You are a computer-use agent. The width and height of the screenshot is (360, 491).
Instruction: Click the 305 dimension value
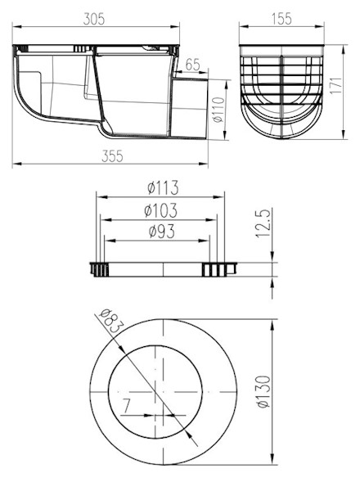(93, 20)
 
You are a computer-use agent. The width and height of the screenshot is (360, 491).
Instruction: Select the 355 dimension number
(112, 156)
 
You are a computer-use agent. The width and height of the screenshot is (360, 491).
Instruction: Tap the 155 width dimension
(281, 19)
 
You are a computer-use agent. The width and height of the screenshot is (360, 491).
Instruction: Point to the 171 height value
(336, 85)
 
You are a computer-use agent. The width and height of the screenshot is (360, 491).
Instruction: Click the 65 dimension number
(192, 65)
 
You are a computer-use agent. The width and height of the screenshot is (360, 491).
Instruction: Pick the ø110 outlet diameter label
(218, 110)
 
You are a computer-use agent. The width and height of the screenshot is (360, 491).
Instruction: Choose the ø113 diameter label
(163, 187)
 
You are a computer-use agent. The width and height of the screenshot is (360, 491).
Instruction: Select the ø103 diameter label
(160, 210)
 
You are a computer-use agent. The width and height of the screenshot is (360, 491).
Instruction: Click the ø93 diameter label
(161, 232)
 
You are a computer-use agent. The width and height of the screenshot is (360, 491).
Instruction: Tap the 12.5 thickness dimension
(263, 223)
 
